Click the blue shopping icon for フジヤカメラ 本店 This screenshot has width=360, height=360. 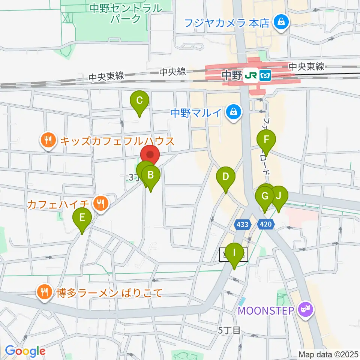[280, 22]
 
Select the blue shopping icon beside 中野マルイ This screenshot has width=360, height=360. [234, 112]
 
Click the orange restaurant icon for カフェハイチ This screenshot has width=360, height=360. [100, 204]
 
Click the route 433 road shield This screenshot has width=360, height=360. [242, 225]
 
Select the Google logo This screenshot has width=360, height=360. [25, 351]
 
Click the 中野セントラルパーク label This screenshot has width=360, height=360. [126, 13]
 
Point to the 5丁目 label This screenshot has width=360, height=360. [229, 330]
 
